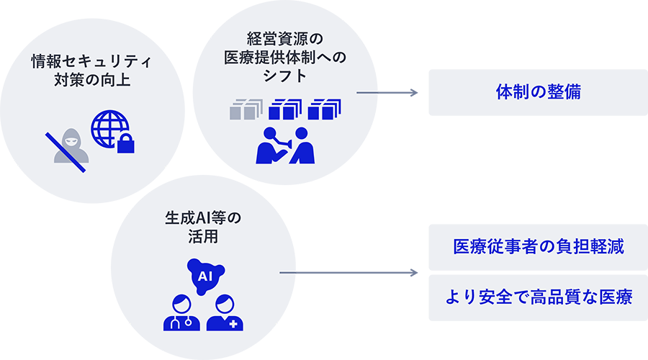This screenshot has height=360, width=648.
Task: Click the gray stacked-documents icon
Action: click(x=244, y=110)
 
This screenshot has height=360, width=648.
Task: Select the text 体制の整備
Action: click(x=538, y=91)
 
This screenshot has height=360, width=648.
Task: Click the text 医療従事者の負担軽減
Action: click(x=538, y=247)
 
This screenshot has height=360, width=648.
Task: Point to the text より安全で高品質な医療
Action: click(x=538, y=296)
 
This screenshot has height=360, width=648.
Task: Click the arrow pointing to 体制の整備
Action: click(x=395, y=92)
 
